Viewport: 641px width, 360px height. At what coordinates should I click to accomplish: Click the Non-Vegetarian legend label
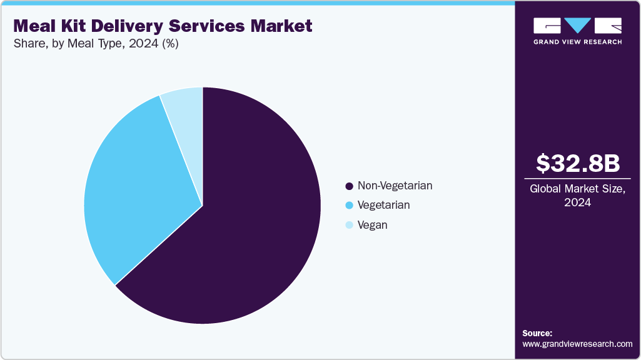[x=395, y=186]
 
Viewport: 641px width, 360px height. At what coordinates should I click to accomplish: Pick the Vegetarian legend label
[x=383, y=205]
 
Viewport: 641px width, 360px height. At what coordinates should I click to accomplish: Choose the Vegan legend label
[x=372, y=225]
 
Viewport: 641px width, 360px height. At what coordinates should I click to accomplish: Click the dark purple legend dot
[x=349, y=186]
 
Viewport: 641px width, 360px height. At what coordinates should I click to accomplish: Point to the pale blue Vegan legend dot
[x=349, y=225]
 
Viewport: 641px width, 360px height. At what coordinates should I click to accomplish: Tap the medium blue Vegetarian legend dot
[x=349, y=206]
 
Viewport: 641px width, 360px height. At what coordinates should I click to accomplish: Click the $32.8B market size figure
[x=577, y=163]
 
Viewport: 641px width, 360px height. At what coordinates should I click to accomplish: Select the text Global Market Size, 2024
[x=577, y=196]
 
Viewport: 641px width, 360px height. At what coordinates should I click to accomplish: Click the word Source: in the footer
[x=537, y=333]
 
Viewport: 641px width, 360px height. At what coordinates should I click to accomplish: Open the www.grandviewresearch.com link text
[x=577, y=344]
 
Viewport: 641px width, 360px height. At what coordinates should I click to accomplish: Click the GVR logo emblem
[x=577, y=26]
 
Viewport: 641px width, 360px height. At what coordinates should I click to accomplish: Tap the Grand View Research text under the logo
[x=577, y=42]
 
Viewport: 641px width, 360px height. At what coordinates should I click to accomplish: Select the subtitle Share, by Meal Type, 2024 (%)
[x=96, y=44]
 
